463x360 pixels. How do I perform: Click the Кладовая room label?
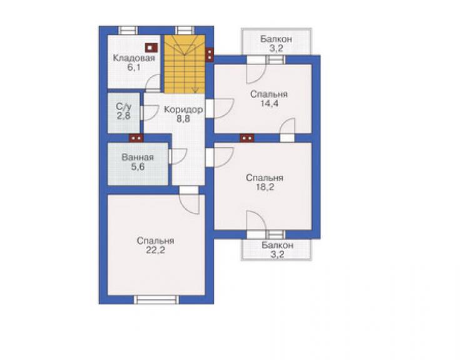click(134, 58)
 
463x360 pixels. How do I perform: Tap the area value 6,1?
click(134, 68)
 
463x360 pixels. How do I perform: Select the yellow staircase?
click(185, 64)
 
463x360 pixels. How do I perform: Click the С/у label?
click(124, 106)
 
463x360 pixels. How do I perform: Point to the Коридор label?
click(183, 110)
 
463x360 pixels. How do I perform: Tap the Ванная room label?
click(138, 157)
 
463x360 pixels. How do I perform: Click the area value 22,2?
click(155, 250)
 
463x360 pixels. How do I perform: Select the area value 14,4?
click(269, 104)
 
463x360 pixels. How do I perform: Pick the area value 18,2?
click(265, 187)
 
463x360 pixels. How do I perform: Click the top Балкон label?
click(277, 39)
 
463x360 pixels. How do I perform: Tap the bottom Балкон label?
click(277, 245)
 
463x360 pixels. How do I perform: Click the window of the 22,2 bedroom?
click(156, 300)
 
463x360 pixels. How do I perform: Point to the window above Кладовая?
click(128, 31)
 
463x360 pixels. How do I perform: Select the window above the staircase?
click(185, 31)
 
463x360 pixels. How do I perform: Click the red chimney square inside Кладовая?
click(151, 48)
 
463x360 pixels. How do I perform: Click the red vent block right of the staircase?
click(210, 54)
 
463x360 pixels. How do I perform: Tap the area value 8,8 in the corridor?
click(183, 119)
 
